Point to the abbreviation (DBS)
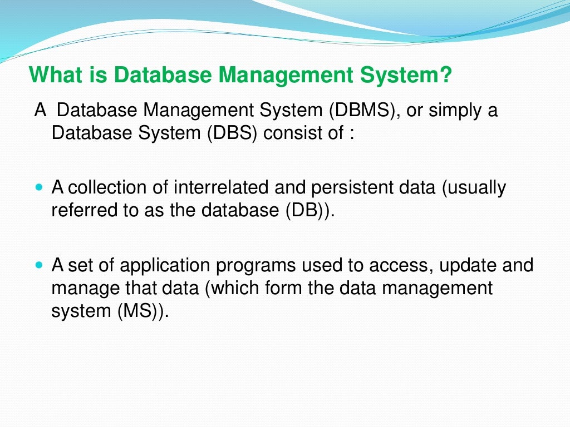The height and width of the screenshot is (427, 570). (x=232, y=134)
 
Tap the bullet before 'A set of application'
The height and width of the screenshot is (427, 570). (x=38, y=265)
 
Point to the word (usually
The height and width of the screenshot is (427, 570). (x=474, y=188)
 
